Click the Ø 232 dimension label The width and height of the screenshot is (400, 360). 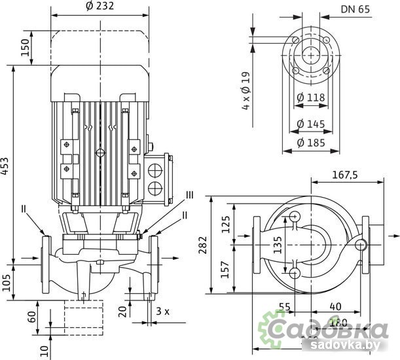tap(100, 6)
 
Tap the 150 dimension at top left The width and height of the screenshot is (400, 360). tap(26, 47)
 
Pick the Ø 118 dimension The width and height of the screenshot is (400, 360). tap(310, 98)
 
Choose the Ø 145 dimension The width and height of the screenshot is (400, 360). tap(310, 123)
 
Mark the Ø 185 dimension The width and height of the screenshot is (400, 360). tap(310, 142)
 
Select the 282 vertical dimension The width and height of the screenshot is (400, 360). tap(202, 245)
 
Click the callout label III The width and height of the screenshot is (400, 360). tap(189, 194)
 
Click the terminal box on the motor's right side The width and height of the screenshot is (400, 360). tap(157, 175)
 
